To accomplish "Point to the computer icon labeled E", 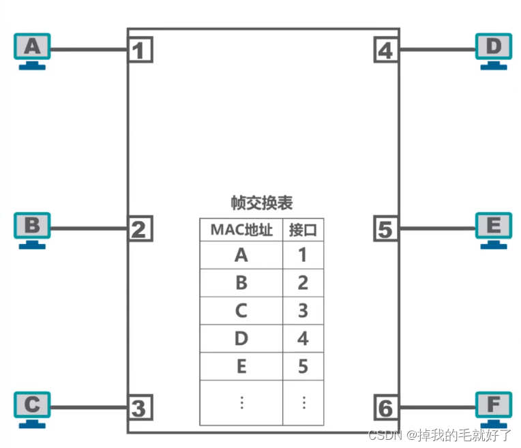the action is [492, 228].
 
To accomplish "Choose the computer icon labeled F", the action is [492, 408].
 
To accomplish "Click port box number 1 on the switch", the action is [140, 50].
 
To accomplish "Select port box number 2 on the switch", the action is [140, 229].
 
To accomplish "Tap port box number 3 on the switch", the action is [140, 408].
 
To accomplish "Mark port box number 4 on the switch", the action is [386, 50].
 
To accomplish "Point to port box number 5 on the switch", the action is [386, 229].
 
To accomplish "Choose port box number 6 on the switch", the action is [386, 408].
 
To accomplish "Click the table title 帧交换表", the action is [263, 203].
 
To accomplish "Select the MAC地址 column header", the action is [241, 230].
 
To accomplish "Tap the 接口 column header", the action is [303, 230].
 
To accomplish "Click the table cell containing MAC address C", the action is [241, 311].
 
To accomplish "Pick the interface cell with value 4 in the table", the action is [303, 338].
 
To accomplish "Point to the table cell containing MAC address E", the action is [241, 367].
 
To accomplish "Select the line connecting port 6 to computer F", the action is [436, 408].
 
